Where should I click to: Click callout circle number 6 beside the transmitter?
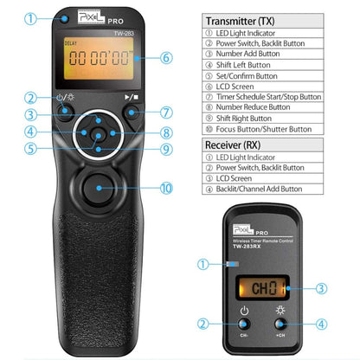pos(167,59)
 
